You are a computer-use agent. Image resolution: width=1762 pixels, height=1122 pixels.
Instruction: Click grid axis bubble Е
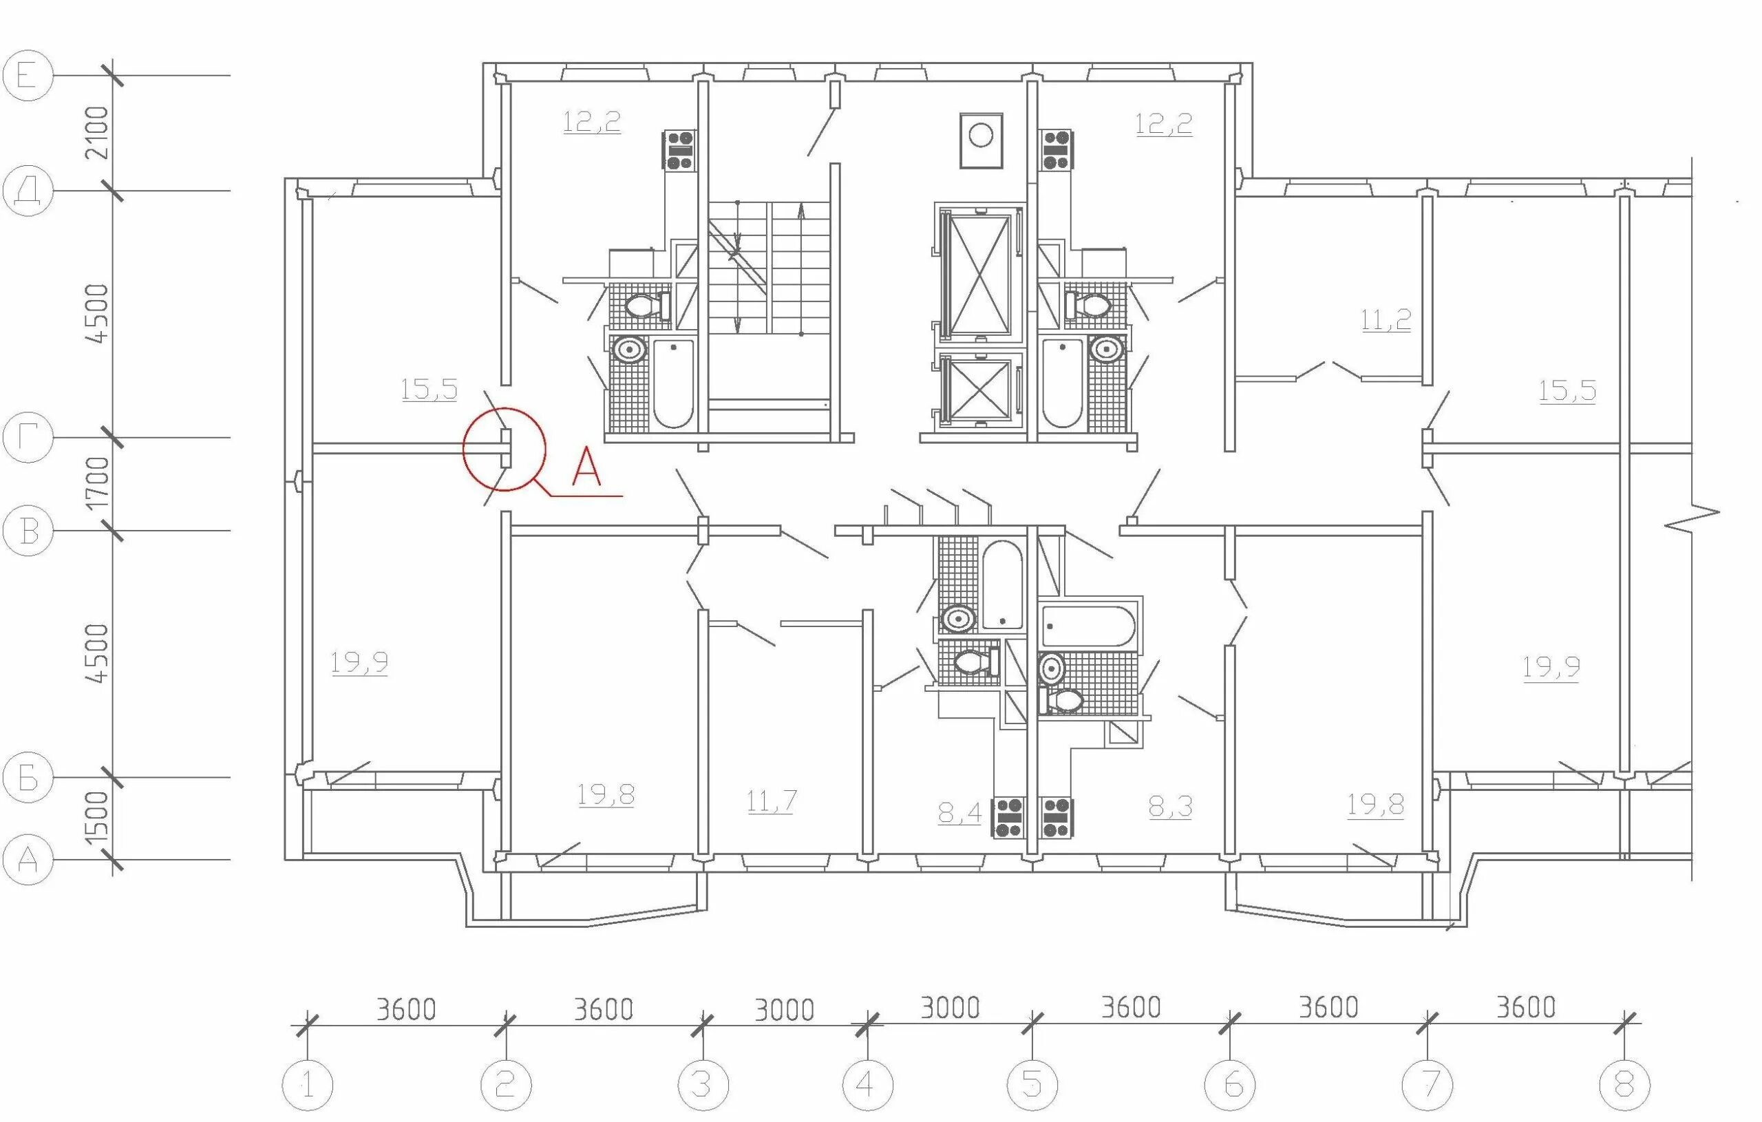pyautogui.click(x=28, y=76)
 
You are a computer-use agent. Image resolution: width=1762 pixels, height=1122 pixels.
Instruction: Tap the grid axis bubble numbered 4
pyautogui.click(x=867, y=1084)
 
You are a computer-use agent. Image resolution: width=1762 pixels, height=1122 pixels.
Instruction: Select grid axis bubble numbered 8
pyautogui.click(x=1624, y=1084)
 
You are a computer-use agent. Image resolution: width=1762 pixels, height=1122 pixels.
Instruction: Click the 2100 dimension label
pyautogui.click(x=96, y=132)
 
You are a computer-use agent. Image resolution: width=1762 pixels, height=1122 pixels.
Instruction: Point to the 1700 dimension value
pyautogui.click(x=96, y=483)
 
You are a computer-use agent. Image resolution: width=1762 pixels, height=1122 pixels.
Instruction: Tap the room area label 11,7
pyautogui.click(x=772, y=801)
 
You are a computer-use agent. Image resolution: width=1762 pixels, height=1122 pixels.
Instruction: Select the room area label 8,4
pyautogui.click(x=959, y=812)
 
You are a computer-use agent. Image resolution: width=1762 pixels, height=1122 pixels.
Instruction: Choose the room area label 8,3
pyautogui.click(x=1170, y=807)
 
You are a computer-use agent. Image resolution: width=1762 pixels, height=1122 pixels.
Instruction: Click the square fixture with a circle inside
pyautogui.click(x=981, y=140)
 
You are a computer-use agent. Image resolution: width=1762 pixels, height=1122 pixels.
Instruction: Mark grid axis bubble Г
pyautogui.click(x=28, y=438)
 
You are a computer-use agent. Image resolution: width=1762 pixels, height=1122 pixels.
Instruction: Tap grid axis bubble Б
pyautogui.click(x=28, y=777)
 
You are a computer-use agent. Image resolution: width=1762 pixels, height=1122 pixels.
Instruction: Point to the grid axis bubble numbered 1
pyautogui.click(x=308, y=1084)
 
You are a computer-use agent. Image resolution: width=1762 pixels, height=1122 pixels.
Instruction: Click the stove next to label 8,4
pyautogui.click(x=1008, y=818)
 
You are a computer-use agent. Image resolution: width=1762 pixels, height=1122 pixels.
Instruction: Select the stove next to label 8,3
pyautogui.click(x=1057, y=818)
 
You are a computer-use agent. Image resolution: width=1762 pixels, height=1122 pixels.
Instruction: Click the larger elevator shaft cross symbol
pyautogui.click(x=979, y=274)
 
